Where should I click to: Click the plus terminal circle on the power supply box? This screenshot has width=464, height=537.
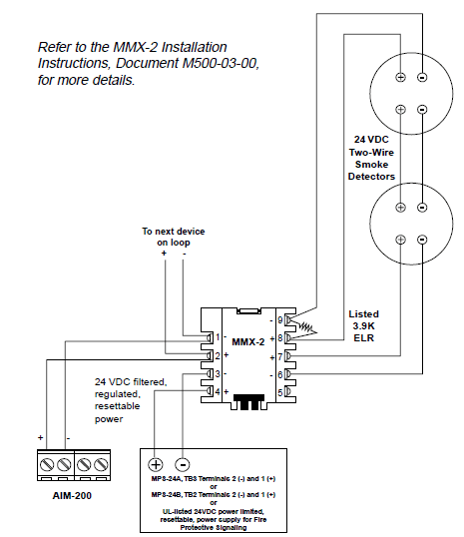[157, 464]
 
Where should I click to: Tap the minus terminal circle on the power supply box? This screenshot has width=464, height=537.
[183, 464]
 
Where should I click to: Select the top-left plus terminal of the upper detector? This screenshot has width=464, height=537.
[400, 77]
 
